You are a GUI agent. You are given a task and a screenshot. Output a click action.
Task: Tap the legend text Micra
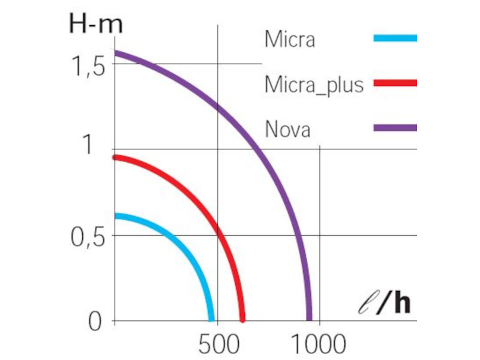(290, 41)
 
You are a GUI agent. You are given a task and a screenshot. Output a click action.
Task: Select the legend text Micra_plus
(314, 85)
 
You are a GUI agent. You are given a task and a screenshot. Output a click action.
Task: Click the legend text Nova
(287, 128)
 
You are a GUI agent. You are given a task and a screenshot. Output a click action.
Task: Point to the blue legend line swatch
(395, 38)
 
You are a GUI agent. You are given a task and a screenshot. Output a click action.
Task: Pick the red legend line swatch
(395, 83)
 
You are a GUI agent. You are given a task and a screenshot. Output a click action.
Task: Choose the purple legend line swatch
(395, 127)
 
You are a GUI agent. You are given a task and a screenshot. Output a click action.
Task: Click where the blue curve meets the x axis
(211, 320)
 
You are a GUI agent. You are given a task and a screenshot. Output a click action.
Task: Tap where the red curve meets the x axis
(242, 320)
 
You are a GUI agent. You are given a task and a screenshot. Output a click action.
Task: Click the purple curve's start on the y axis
(115, 52)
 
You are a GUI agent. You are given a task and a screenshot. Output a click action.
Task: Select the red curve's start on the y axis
(115, 157)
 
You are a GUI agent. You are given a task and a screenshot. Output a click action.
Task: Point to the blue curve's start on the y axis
(115, 215)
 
